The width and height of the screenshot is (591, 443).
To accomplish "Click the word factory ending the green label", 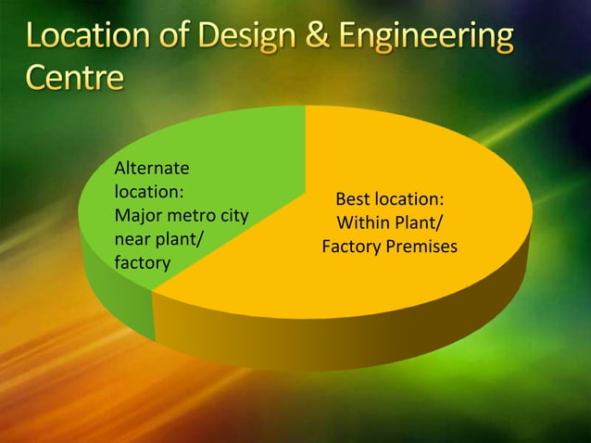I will pos(141,264).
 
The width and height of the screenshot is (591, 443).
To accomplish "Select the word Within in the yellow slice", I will pos(361,223).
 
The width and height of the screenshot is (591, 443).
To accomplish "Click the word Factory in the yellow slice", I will pos(349,247).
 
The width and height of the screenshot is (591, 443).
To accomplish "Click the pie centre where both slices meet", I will pos(305,196).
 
